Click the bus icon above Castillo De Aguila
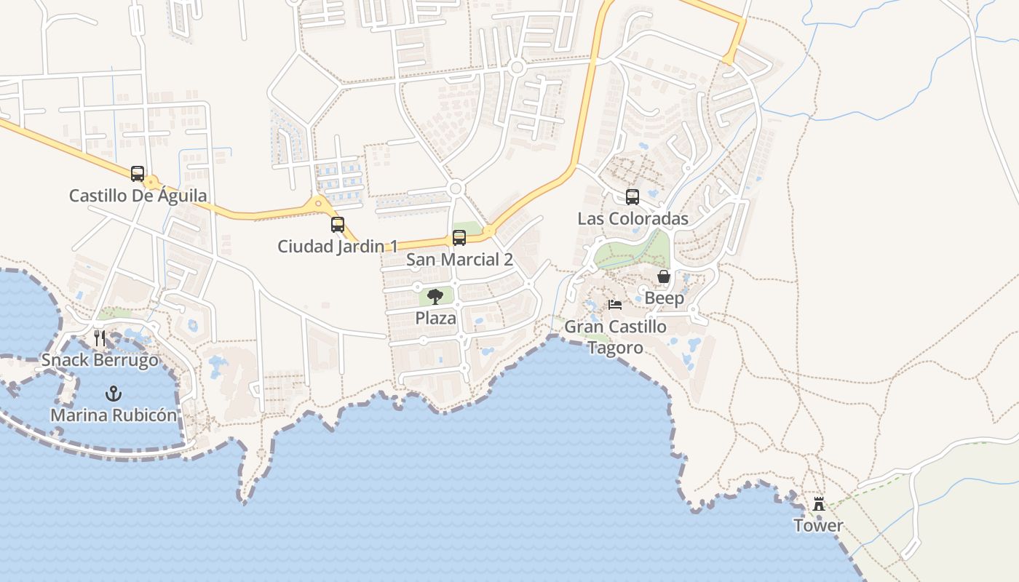[138, 174]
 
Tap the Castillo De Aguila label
[138, 196]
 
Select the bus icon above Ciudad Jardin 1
[338, 225]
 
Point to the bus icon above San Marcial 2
[459, 238]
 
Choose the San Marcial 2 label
[459, 260]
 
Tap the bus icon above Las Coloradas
[633, 197]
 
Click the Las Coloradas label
[633, 219]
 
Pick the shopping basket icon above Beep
[664, 276]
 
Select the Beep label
[664, 298]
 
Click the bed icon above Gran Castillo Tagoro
[615, 305]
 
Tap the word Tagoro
[615, 348]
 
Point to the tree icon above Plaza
[435, 296]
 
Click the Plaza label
[435, 318]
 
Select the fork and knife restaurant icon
[100, 338]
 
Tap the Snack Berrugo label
[100, 360]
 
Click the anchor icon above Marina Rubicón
[113, 394]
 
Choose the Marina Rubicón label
[113, 415]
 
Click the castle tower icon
[819, 503]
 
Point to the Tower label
[819, 525]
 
